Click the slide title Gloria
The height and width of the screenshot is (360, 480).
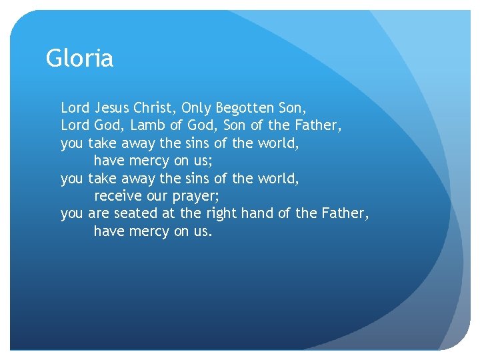tap(79, 59)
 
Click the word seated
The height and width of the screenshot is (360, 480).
tap(134, 214)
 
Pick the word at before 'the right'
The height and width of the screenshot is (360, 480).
tap(167, 214)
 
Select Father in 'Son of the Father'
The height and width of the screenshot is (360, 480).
tap(319, 125)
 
